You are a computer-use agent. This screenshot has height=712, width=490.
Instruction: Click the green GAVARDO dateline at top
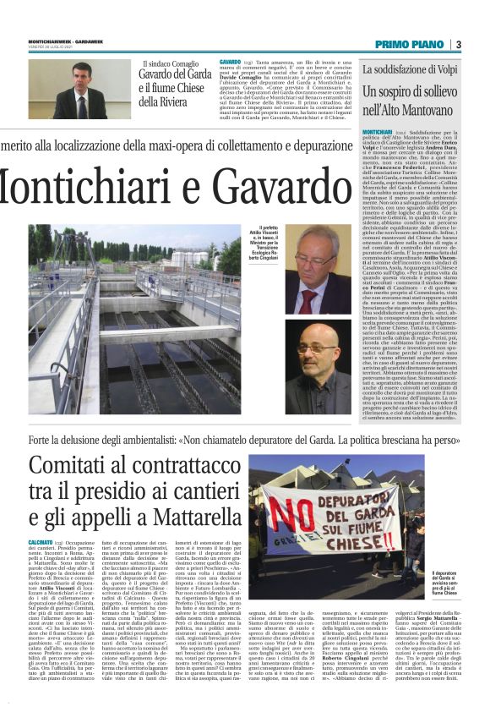pos(230,63)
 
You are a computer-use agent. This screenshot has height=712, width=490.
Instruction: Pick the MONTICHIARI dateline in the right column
pos(378,133)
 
